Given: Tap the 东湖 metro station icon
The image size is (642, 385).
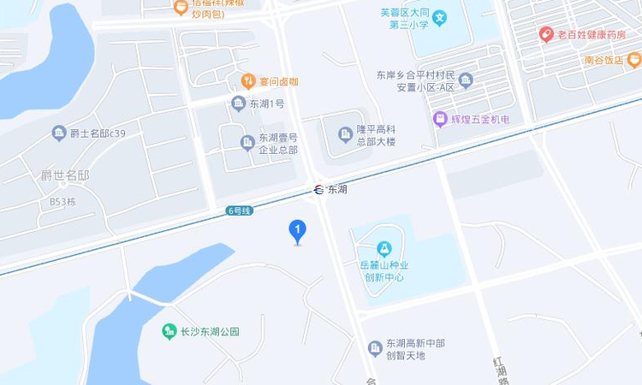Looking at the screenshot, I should (319, 190).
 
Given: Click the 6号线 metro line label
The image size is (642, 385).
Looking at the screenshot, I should (239, 210).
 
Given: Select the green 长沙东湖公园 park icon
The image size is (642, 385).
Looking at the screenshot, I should (169, 331).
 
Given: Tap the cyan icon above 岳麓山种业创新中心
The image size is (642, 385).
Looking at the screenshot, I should (384, 249).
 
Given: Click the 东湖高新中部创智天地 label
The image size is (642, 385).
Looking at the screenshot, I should (415, 349).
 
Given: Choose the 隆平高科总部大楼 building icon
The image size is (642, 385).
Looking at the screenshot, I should (346, 134).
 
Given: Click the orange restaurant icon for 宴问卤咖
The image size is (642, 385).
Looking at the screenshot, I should (248, 81).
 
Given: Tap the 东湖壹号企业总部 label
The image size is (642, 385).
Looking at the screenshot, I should (278, 143).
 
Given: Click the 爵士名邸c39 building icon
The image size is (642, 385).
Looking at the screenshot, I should (59, 133).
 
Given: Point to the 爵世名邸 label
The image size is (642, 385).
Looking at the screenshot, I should (65, 175).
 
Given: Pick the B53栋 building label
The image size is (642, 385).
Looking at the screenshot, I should (62, 202).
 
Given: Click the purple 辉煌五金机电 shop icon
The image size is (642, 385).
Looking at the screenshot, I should (440, 119).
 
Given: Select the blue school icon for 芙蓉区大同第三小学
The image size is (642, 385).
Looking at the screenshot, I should (439, 17).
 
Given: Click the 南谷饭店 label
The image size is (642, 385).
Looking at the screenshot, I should (604, 60).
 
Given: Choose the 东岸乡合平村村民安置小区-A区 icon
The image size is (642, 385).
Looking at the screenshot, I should (466, 80).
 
